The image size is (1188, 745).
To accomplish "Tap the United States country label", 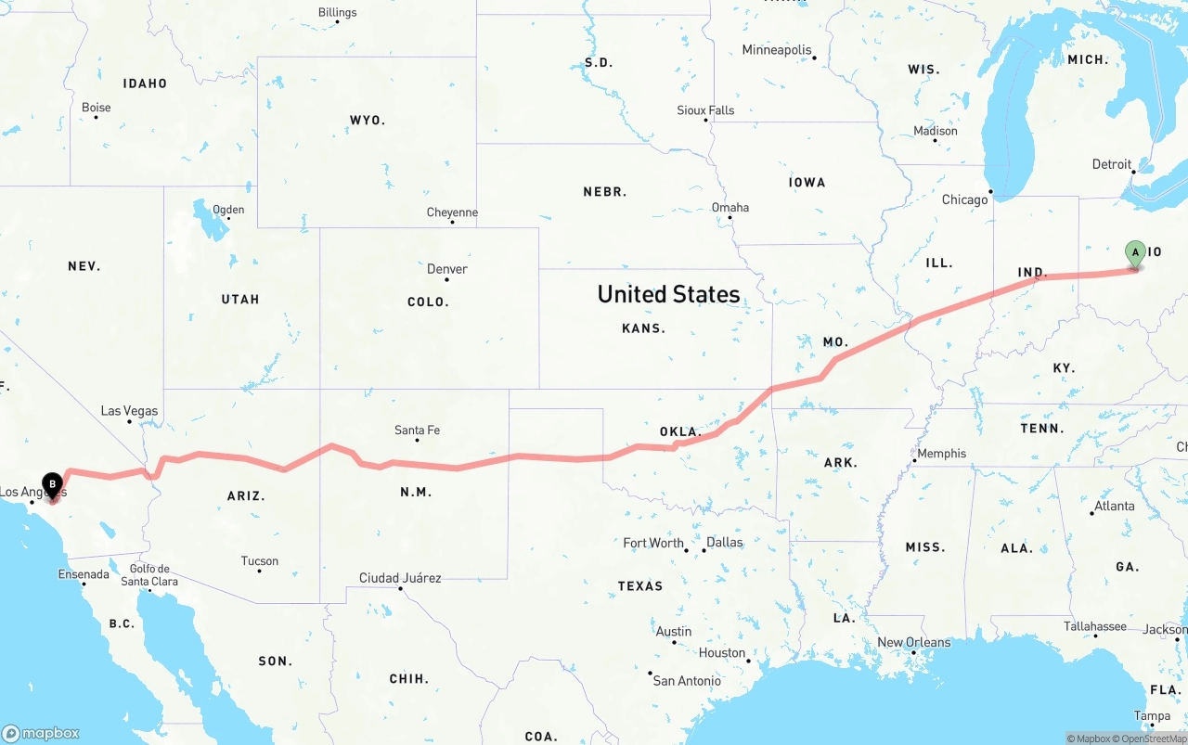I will tap(668, 294).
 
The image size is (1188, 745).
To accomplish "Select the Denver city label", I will tap(446, 269).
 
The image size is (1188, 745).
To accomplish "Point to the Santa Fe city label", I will tap(417, 430).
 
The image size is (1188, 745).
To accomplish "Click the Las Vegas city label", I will tap(129, 411).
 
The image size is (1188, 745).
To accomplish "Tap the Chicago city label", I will tap(964, 200).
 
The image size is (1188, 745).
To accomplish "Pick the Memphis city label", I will tap(941, 454).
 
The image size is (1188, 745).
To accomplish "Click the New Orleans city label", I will tap(913, 642).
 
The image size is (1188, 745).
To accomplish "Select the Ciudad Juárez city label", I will tap(400, 578).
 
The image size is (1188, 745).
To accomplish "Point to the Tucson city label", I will tap(259, 561).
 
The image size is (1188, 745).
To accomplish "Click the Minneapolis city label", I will tap(776, 50).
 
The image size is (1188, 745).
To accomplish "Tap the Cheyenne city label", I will tap(452, 212).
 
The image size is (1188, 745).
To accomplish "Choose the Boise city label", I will tap(96, 108).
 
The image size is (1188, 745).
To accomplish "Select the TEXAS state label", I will tap(640, 586).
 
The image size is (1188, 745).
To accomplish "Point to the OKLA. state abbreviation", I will tap(679, 432).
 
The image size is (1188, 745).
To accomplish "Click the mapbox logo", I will tap(41, 733).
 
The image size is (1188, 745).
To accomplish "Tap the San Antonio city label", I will tap(687, 681).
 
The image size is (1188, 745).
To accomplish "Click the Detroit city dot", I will tap(1133, 173).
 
